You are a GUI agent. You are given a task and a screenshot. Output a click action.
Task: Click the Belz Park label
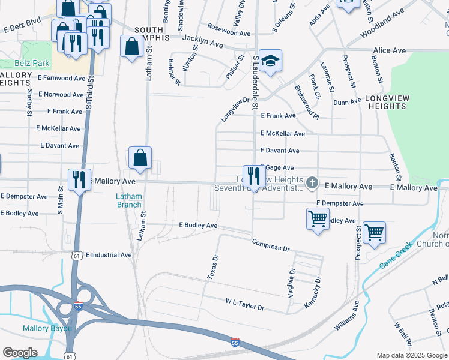(x=16, y=62)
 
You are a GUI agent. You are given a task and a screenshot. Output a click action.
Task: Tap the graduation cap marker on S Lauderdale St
(x=271, y=61)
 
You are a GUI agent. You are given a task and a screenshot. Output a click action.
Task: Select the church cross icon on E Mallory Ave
(x=311, y=182)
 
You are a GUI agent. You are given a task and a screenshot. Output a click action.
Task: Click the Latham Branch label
(x=129, y=200)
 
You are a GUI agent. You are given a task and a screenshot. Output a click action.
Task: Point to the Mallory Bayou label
(x=47, y=328)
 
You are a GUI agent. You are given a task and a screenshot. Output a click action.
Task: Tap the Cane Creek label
(x=396, y=255)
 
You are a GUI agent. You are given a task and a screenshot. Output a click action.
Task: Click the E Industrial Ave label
(x=109, y=255)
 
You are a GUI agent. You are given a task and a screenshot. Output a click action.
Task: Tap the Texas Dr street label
(x=211, y=266)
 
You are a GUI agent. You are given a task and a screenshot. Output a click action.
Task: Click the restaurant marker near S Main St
(x=79, y=179)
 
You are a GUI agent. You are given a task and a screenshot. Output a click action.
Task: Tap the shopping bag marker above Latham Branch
(x=140, y=158)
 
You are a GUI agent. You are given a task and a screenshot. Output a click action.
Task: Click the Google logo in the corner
(x=20, y=353)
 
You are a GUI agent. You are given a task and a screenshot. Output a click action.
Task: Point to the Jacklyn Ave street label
(x=202, y=41)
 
